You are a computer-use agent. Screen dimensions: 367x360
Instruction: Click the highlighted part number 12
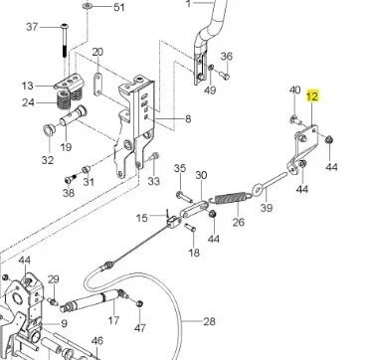pyautogui.click(x=312, y=95)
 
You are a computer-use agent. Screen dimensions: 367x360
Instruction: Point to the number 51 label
pyautogui.click(x=119, y=7)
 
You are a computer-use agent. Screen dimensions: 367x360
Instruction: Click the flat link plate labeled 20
pyautogui.click(x=97, y=85)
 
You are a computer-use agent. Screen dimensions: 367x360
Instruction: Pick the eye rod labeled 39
pyautogui.click(x=269, y=184)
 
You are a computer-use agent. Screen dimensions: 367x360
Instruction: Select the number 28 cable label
pyautogui.click(x=209, y=321)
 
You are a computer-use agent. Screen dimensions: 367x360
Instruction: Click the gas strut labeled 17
pyautogui.click(x=90, y=300)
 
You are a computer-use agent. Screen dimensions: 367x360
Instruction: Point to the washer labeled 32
pyautogui.click(x=50, y=130)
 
